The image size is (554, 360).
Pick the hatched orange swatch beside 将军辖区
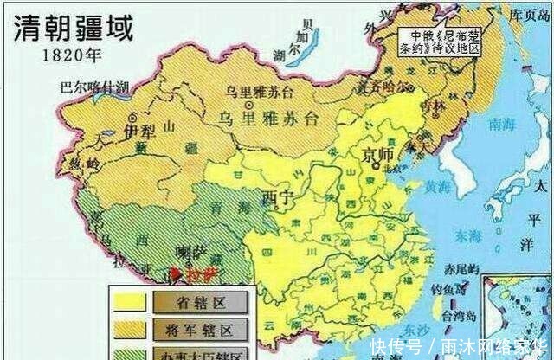click(128, 329)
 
